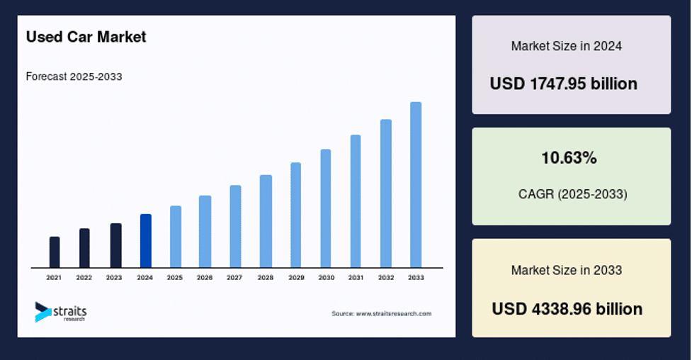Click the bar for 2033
[416, 185]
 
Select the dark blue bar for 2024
[146, 241]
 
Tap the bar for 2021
[55, 252]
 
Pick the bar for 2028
[266, 221]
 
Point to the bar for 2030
[326, 208]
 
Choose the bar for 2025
[176, 237]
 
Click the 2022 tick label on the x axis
[84, 277]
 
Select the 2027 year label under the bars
[234, 277]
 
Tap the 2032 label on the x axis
[386, 277]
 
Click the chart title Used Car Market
[86, 37]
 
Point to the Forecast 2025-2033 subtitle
[74, 77]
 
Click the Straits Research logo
[61, 312]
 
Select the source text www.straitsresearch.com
[394, 314]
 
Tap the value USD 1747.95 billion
[564, 84]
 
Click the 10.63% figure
[569, 158]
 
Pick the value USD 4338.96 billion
[567, 309]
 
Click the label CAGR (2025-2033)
[573, 194]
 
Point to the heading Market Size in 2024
[567, 46]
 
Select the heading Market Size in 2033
[567, 270]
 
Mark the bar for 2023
[116, 246]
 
